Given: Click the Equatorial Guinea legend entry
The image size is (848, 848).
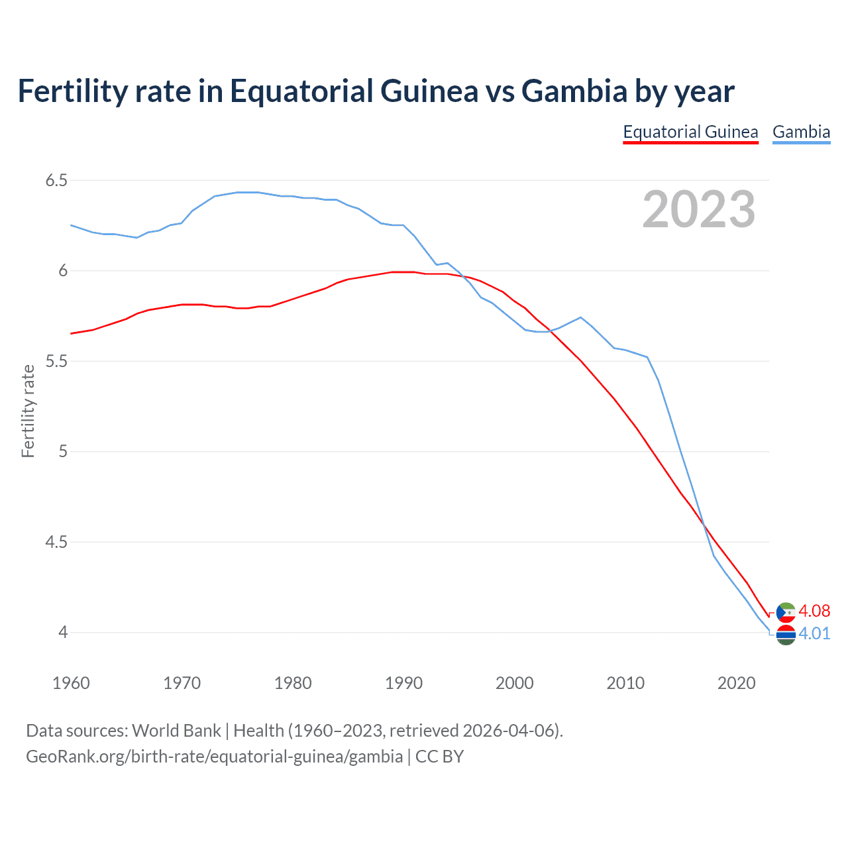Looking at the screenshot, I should click(690, 132).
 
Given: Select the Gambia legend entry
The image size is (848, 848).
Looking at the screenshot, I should click(801, 132).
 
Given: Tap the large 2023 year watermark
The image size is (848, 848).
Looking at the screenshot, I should click(698, 209).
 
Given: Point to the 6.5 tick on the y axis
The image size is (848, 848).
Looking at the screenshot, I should click(56, 180).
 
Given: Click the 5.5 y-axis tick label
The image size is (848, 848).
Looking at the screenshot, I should click(56, 361).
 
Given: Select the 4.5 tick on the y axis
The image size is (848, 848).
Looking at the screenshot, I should click(56, 542).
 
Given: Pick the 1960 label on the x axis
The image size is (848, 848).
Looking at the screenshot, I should click(71, 683).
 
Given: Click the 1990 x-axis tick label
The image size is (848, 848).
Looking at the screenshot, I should click(403, 683).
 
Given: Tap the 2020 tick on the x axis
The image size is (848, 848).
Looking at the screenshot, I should click(736, 683).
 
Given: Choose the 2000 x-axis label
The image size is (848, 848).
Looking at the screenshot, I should click(514, 683).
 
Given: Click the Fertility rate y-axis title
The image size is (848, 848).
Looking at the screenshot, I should click(28, 411).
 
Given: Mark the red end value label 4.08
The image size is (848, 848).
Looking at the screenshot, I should click(814, 611).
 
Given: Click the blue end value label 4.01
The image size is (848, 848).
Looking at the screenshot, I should click(814, 633).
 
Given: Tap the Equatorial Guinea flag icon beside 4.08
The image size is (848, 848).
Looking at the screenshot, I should click(786, 612).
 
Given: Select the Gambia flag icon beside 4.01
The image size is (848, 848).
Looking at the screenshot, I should click(786, 635).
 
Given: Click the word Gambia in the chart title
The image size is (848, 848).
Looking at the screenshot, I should click(574, 91).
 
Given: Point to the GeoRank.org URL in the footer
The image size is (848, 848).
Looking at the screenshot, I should click(214, 757).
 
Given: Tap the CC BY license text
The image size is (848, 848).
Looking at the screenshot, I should click(439, 757).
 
